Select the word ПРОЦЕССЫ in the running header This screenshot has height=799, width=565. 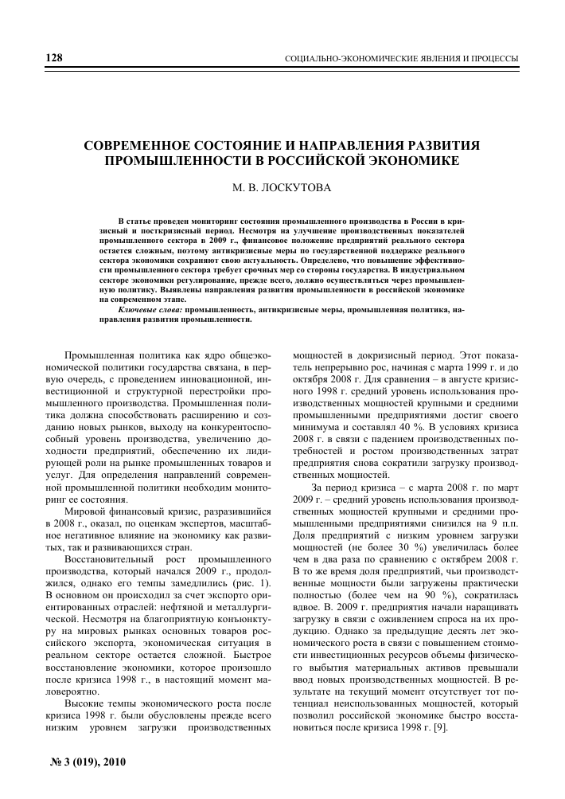pyautogui.click(x=493, y=59)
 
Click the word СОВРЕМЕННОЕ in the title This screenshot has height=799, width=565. pyautogui.click(x=148, y=147)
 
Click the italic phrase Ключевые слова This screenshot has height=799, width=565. pyautogui.click(x=149, y=307)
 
